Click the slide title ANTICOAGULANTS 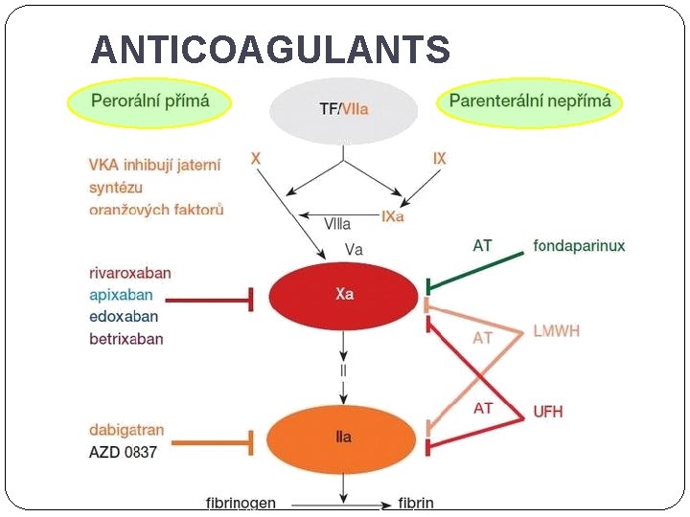tap(270, 50)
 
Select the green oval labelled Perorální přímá tap(149, 101)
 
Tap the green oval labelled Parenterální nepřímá tap(530, 101)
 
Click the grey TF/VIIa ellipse tap(343, 109)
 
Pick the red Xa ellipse tap(344, 294)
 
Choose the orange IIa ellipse tap(343, 438)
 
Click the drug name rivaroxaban tap(130, 273)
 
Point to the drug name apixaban tap(121, 295)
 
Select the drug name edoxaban tap(124, 317)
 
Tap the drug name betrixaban tap(126, 339)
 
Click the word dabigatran tap(126, 430)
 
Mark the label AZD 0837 tap(124, 451)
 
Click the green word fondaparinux tap(579, 246)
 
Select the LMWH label tap(557, 331)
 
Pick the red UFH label tap(548, 412)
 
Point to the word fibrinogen tap(241, 503)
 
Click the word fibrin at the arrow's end tap(416, 503)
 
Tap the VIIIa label tap(337, 224)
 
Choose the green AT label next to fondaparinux tap(483, 246)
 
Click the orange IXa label tap(393, 217)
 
